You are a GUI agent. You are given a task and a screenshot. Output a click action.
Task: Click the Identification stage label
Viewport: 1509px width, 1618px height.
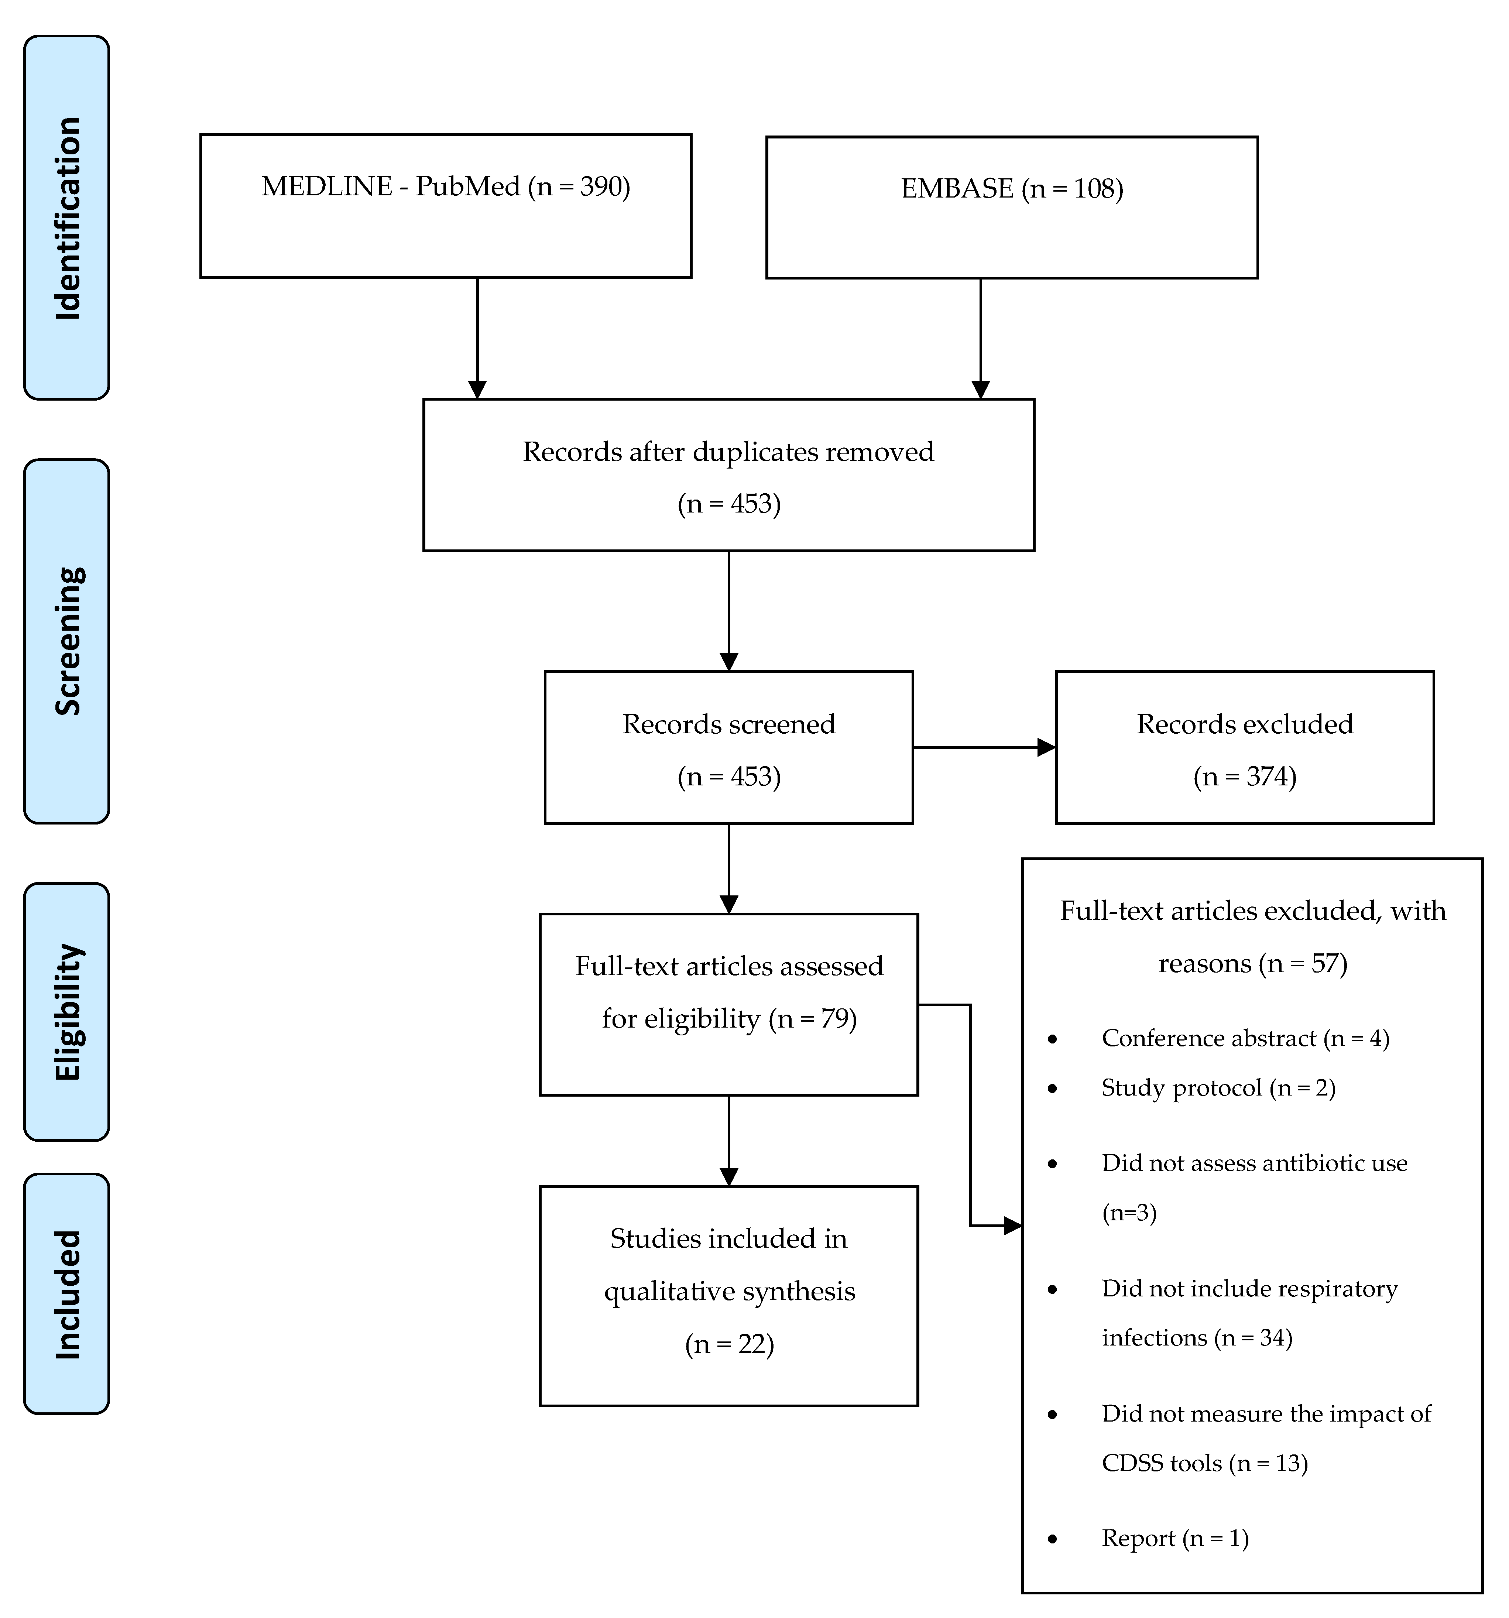coord(67,217)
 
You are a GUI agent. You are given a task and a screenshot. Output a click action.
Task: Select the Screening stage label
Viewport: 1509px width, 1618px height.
coord(67,641)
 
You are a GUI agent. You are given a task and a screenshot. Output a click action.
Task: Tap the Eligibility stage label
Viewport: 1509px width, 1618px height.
coord(67,1012)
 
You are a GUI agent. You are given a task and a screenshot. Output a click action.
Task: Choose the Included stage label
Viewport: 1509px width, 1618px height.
coord(67,1294)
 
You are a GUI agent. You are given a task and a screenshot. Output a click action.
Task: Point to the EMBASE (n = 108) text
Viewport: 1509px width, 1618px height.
coord(1012,189)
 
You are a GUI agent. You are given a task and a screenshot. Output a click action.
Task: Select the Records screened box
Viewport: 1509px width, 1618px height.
coord(728,747)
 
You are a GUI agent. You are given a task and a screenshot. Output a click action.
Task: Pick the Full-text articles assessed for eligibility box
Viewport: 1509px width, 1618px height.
coord(728,1004)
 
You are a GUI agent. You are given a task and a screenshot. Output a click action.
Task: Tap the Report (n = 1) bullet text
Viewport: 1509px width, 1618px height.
coord(1174,1538)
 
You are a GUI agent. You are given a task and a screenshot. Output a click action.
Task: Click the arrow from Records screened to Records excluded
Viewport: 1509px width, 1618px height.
coord(983,747)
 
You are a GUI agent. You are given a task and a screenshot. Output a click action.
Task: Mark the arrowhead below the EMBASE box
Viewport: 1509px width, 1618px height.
coord(981,389)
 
